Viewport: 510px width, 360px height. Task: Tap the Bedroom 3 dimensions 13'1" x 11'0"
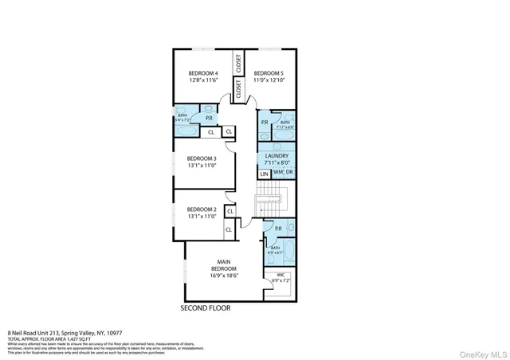pyautogui.click(x=202, y=166)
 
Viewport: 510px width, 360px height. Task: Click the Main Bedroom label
pyautogui.click(x=225, y=264)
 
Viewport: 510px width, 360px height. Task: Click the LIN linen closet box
pyautogui.click(x=264, y=174)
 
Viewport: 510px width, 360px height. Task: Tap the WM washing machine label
pyautogui.click(x=278, y=173)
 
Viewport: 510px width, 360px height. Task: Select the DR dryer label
pyautogui.click(x=289, y=173)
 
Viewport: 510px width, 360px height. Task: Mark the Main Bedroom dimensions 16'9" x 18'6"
pyautogui.click(x=225, y=276)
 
